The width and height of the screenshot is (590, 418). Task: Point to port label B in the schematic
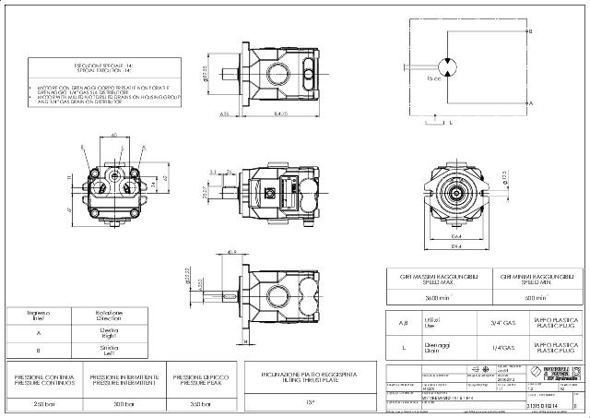(530, 30)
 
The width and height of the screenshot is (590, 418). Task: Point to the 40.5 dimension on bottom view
(231, 252)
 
